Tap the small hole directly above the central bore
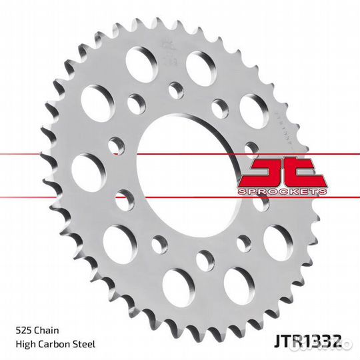click(x=177, y=89)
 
